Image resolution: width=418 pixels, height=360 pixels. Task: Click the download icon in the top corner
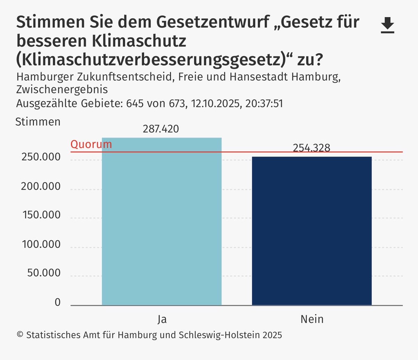coord(387,25)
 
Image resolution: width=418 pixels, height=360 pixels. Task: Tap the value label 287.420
coord(161,129)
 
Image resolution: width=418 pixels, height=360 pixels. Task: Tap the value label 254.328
coord(311,148)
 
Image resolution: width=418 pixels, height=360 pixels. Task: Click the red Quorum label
coord(91,144)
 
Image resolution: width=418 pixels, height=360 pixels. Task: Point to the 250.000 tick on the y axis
coord(41,157)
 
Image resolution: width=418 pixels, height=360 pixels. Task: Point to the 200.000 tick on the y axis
coord(41,186)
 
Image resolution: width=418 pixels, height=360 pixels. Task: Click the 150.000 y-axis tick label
coord(41,215)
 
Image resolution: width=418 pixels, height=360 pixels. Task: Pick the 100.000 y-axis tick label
coord(41,244)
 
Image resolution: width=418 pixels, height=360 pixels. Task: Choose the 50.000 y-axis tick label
coord(44,273)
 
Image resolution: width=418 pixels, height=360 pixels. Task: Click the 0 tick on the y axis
coord(57,302)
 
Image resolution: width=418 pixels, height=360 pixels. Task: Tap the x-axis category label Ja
coord(162,319)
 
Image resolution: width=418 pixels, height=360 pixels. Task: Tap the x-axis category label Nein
coord(312,319)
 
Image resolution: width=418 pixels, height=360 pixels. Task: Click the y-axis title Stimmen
coord(38,122)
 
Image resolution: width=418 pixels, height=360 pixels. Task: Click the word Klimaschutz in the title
coord(139,41)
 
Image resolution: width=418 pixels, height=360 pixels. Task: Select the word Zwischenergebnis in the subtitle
coord(62,89)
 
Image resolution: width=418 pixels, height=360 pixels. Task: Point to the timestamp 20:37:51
coord(264,104)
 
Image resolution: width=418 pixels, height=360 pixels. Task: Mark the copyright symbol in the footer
coord(20,335)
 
